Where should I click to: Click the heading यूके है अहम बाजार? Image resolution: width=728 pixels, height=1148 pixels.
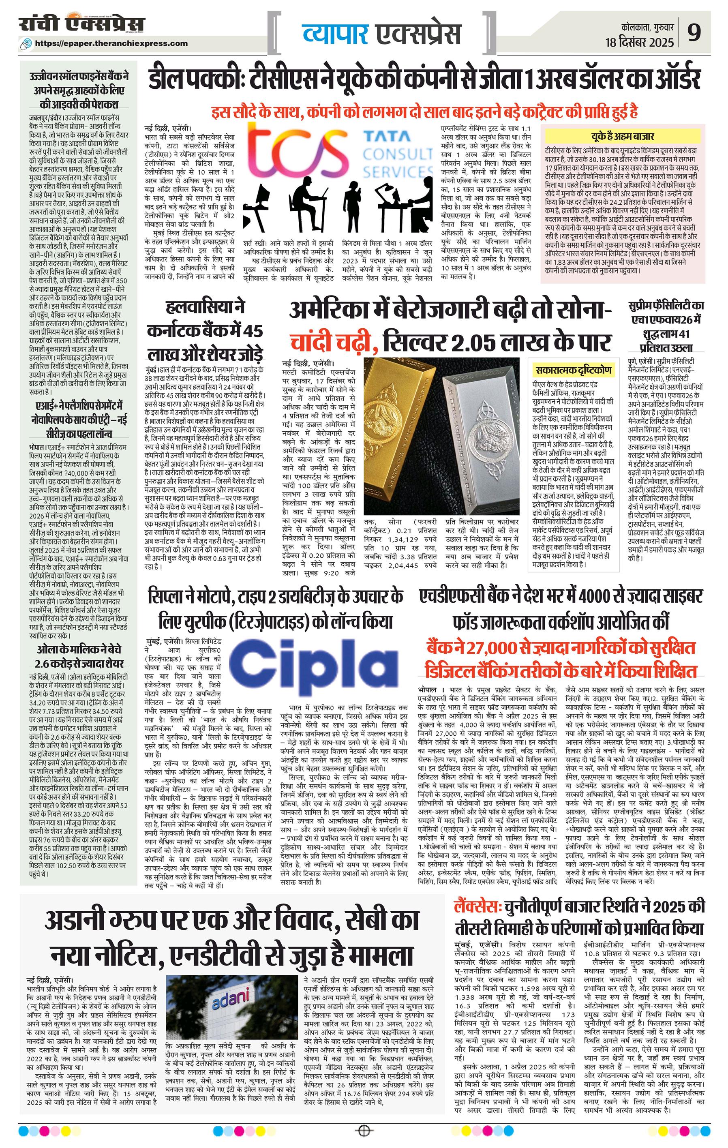click(622, 136)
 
